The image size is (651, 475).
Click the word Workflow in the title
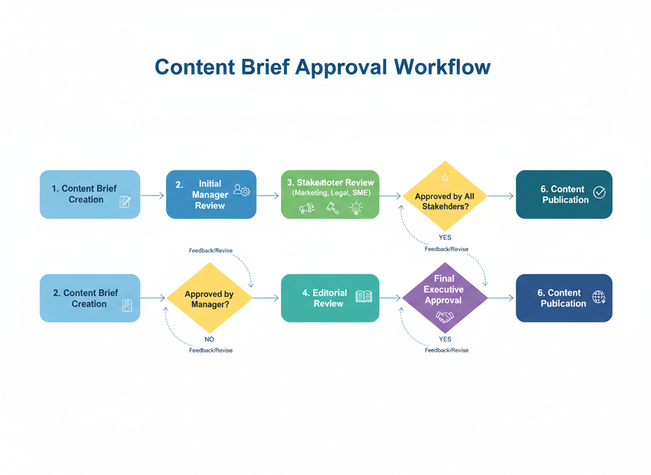click(x=442, y=67)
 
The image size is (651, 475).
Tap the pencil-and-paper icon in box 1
click(x=125, y=202)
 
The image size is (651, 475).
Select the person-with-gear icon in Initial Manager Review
click(x=241, y=190)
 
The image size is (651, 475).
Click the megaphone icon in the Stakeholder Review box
click(x=306, y=208)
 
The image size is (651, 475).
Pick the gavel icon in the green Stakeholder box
click(x=332, y=208)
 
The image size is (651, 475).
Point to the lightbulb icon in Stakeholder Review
click(x=356, y=208)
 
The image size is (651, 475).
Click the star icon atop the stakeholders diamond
click(x=444, y=176)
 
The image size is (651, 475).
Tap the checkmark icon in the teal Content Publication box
click(x=599, y=192)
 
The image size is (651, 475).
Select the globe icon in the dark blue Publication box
click(x=599, y=297)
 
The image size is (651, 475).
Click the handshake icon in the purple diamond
click(x=444, y=316)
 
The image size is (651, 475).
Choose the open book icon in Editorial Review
click(x=364, y=297)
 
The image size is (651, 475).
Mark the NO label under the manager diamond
click(x=209, y=339)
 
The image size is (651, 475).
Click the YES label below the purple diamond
click(x=445, y=339)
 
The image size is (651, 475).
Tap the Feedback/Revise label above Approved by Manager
click(x=211, y=251)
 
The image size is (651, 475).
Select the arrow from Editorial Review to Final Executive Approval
click(x=390, y=298)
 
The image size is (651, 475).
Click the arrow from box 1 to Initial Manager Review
click(x=153, y=195)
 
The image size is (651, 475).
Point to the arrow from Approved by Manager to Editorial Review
click(x=266, y=298)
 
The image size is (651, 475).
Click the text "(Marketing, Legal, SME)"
click(x=331, y=193)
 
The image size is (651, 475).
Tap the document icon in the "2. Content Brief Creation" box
click(x=126, y=305)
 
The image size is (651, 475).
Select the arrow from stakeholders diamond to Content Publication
click(x=500, y=196)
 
